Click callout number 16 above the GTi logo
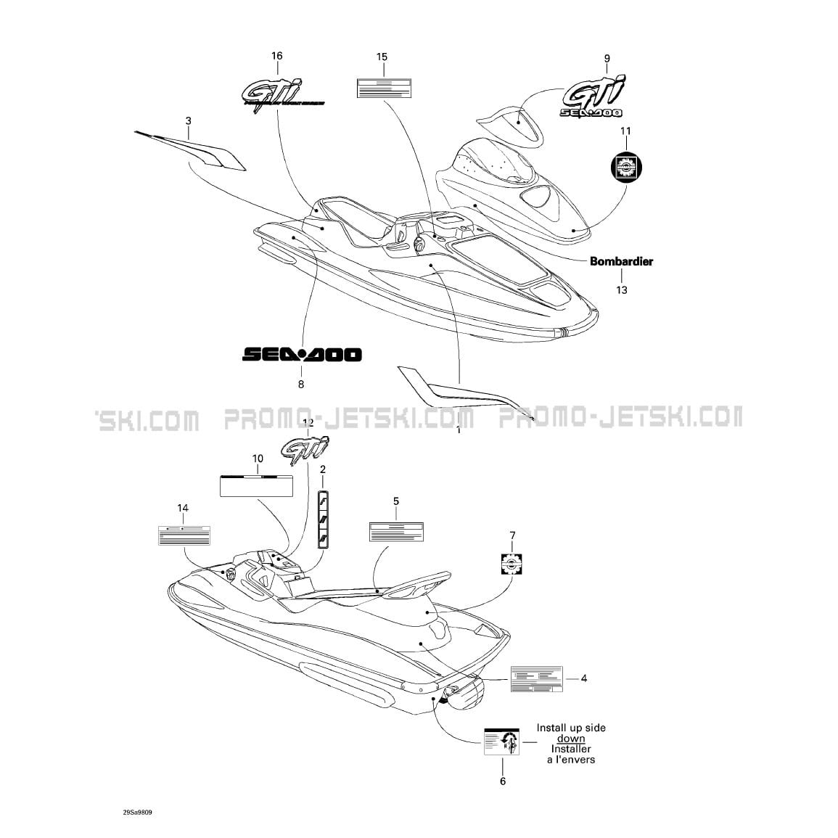276,57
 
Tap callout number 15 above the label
382,57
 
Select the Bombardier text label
621,261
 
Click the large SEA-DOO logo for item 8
301,355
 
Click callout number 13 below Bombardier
622,290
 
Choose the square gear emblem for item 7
513,563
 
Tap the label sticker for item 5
395,531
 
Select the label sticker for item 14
184,535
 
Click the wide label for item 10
257,485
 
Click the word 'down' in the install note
571,739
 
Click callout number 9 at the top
607,59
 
